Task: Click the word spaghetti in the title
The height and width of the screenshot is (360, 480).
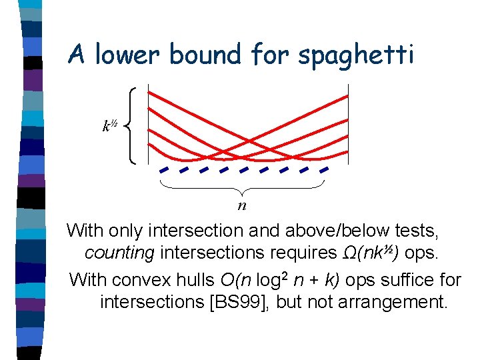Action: [x=356, y=55]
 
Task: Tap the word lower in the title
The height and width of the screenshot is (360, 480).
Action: [x=132, y=54]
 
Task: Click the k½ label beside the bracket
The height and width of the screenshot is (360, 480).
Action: [x=109, y=125]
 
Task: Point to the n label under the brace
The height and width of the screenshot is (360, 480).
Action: [x=243, y=205]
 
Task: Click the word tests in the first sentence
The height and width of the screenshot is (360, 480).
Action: [x=417, y=231]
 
